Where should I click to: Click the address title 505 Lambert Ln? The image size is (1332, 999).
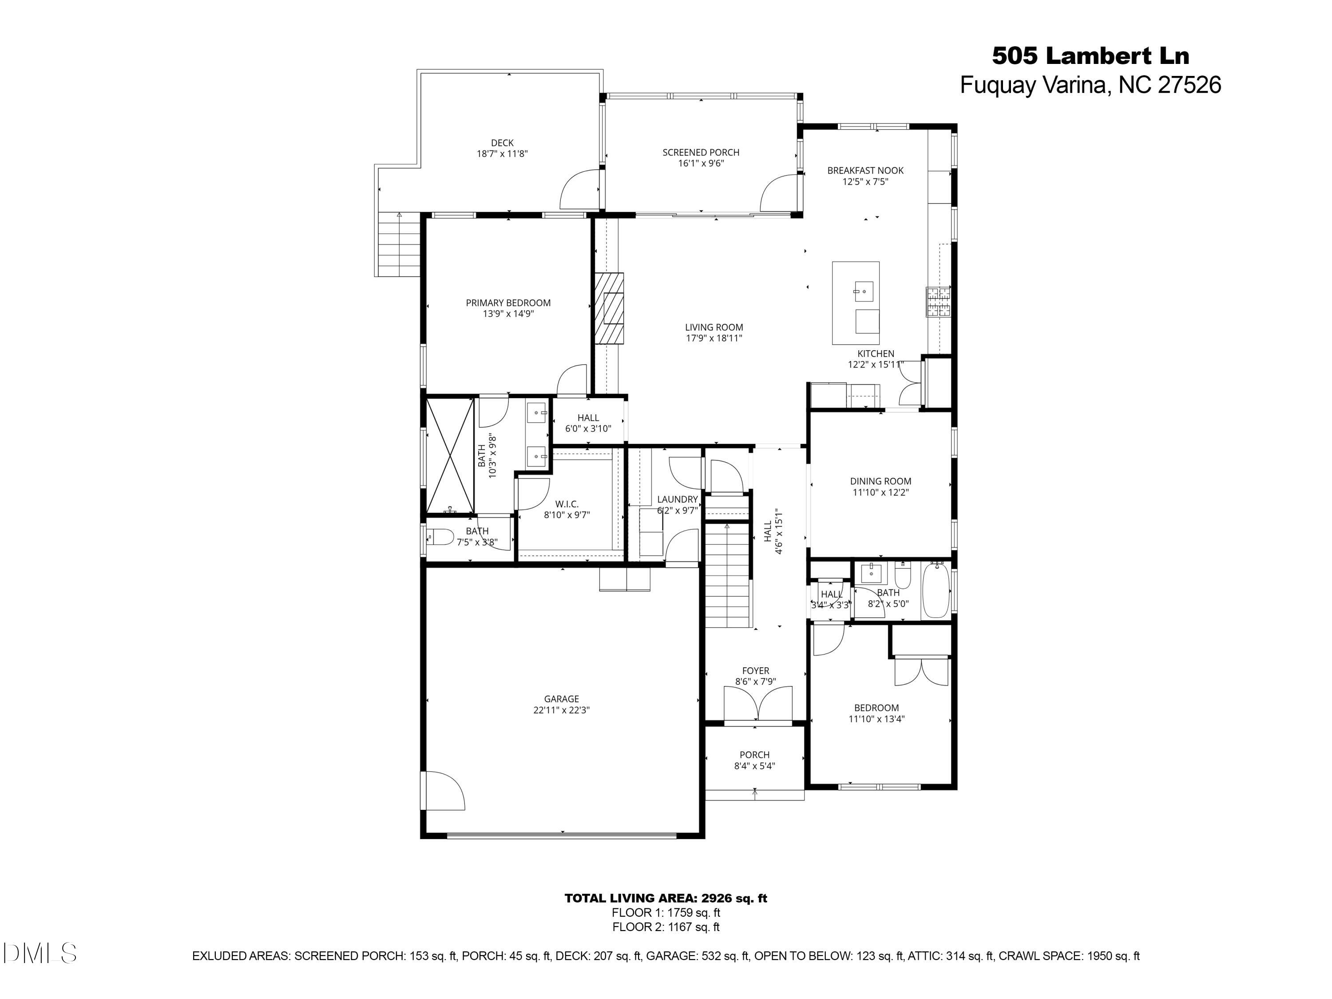point(1090,56)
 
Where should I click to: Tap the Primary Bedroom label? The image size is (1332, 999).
point(507,303)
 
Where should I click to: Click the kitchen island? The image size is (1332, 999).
point(855,303)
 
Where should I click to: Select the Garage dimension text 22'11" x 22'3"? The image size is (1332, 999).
point(561,710)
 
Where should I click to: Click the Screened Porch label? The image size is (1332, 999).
point(700,152)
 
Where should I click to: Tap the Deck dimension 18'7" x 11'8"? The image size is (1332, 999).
point(502,154)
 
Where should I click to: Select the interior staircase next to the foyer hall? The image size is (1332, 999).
point(727,575)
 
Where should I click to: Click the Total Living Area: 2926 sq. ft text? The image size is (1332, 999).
point(666,898)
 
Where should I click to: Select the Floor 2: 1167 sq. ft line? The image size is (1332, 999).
point(666,927)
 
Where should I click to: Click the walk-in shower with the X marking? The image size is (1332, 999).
point(450,456)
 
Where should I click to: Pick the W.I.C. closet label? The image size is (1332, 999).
point(566,504)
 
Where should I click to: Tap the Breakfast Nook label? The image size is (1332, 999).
point(865,170)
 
